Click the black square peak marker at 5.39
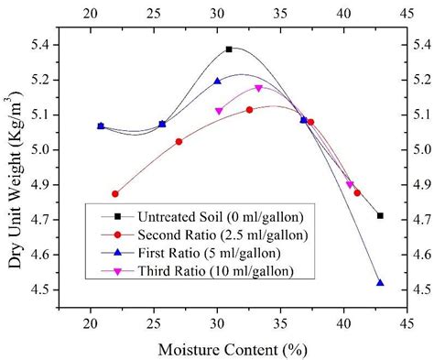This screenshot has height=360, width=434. click(229, 49)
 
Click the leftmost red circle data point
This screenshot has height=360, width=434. click(115, 194)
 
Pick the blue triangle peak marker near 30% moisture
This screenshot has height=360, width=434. click(217, 81)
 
